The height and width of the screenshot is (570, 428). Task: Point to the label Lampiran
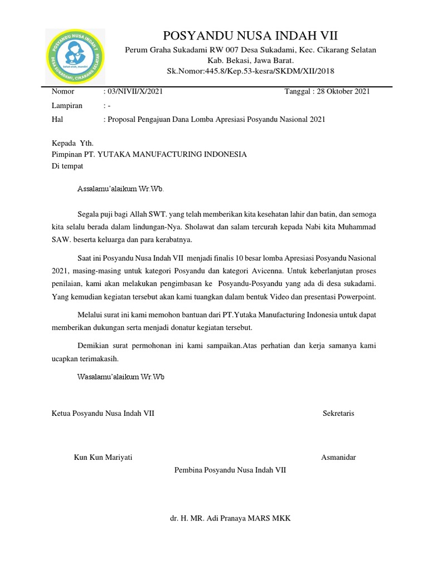[67, 106]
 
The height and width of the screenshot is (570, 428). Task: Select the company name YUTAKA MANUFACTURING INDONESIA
[172, 154]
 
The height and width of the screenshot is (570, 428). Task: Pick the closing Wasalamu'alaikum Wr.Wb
[121, 377]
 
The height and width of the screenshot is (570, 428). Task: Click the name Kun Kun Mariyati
[103, 458]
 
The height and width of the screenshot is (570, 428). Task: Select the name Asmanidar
[338, 458]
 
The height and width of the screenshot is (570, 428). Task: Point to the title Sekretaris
[338, 414]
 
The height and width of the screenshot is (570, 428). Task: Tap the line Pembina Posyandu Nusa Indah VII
[230, 470]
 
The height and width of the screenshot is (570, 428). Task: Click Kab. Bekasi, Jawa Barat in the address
[250, 61]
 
